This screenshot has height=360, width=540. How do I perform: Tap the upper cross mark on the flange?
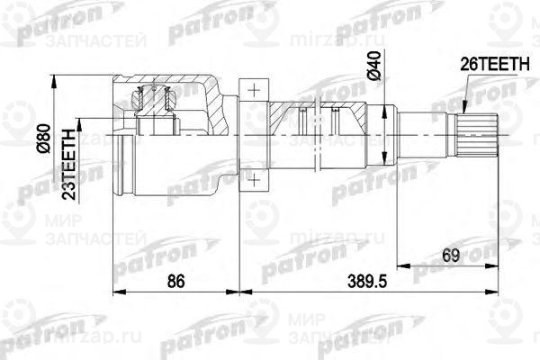[x=255, y=91]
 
